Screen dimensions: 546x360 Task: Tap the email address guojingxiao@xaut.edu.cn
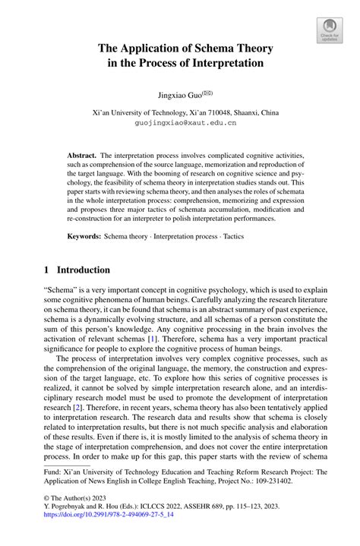(x=185, y=122)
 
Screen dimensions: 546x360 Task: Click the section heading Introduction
(x=84, y=270)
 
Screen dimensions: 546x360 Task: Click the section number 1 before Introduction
(x=47, y=270)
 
